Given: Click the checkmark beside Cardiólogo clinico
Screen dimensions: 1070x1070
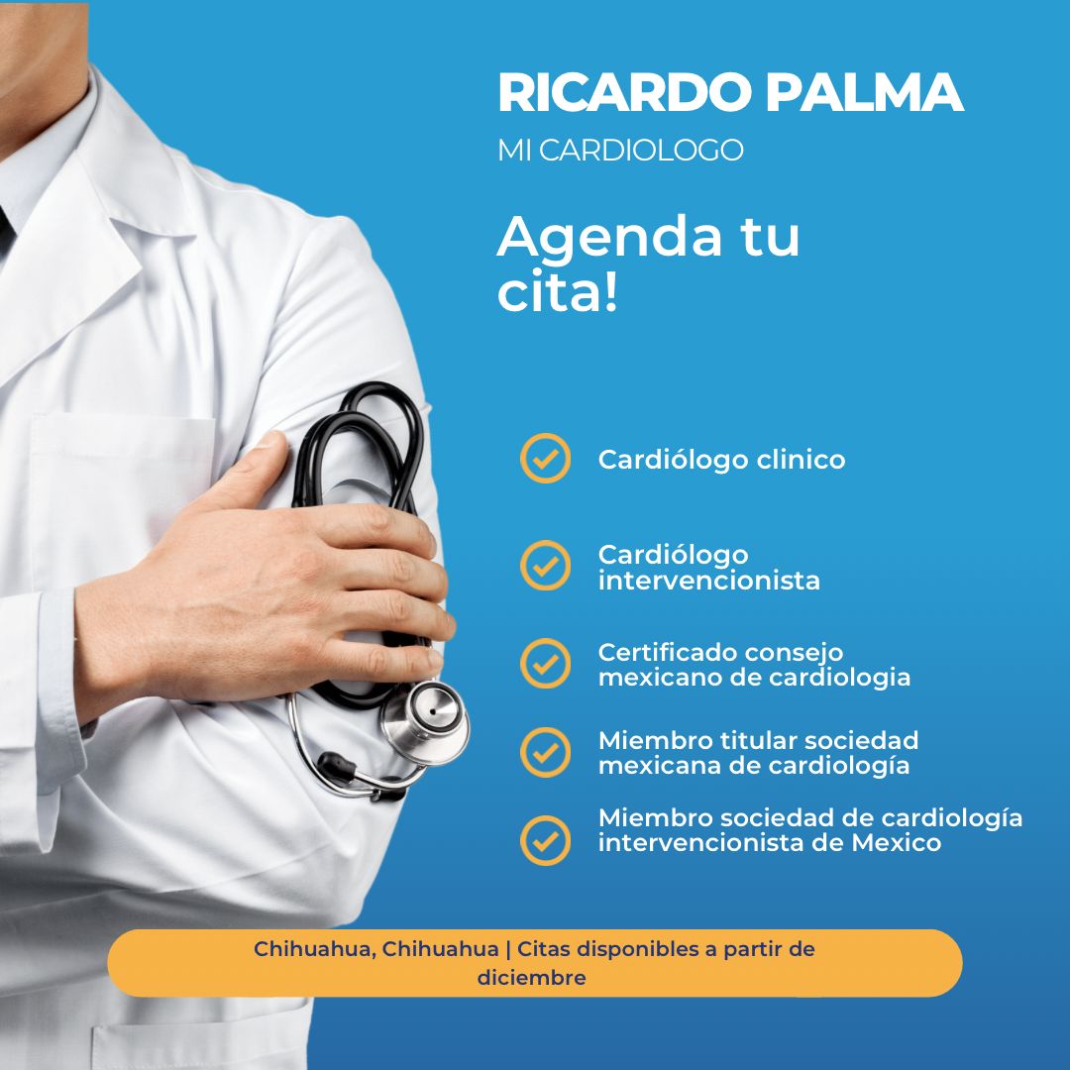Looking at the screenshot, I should (x=545, y=459).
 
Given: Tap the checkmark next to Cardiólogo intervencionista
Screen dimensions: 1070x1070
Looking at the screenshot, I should (x=545, y=566).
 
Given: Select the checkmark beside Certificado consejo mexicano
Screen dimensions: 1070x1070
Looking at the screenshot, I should (x=545, y=664).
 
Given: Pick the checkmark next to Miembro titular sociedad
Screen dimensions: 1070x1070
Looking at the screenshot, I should (x=545, y=752).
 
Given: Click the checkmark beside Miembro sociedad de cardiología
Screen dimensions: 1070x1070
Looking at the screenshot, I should (x=545, y=840).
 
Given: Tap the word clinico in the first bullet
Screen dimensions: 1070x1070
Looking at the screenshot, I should (x=802, y=460).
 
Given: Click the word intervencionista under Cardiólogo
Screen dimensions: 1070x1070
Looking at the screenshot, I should (x=708, y=581).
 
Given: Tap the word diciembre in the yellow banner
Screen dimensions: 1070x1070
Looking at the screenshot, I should (x=531, y=978).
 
